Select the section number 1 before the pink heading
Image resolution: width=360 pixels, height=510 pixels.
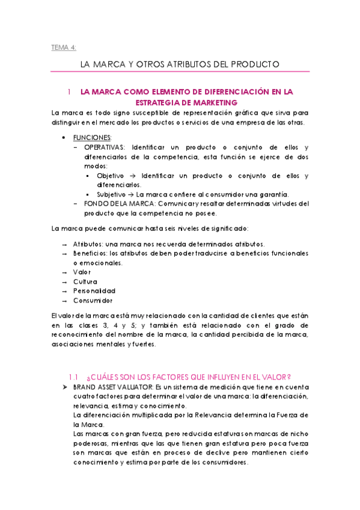click(x=70, y=92)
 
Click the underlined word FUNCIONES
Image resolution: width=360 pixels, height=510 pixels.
click(x=92, y=138)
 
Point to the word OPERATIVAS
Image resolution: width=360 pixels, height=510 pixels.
click(x=105, y=147)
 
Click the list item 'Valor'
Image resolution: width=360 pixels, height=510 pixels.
click(x=82, y=272)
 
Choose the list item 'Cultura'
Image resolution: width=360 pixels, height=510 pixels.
click(x=85, y=281)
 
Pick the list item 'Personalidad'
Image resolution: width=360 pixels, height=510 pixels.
click(x=94, y=291)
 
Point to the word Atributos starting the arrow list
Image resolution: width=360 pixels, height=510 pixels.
click(x=88, y=244)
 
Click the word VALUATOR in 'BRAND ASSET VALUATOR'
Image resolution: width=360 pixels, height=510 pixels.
click(x=138, y=387)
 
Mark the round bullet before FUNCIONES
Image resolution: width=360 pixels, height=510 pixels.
click(x=64, y=138)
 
